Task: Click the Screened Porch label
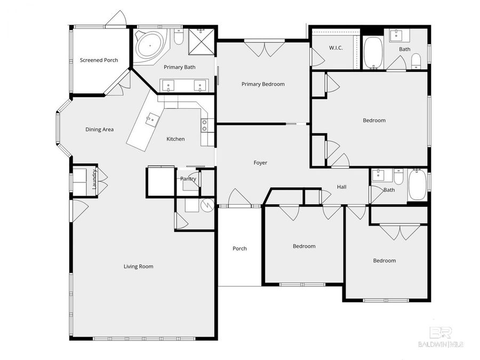tap(99, 60)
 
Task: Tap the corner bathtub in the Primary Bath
tap(149, 45)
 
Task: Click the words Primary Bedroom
tap(263, 84)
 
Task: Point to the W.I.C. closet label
tap(335, 48)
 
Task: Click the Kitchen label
tap(175, 139)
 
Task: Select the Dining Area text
tap(100, 130)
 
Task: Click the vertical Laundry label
tap(94, 179)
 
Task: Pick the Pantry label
tap(188, 179)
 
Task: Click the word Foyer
tap(260, 163)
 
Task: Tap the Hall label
tap(342, 187)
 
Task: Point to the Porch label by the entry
tap(239, 249)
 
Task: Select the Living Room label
tap(139, 266)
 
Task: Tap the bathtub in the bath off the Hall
tap(417, 184)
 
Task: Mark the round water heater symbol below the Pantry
tap(206, 204)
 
